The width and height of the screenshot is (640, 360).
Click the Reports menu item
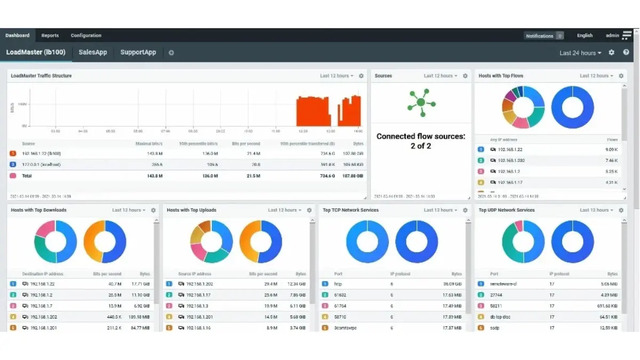(50, 36)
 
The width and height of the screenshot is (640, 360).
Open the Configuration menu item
(86, 36)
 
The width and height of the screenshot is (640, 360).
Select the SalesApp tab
(93, 52)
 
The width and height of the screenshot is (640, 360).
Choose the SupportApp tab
(138, 52)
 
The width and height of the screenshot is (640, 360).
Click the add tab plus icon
(171, 53)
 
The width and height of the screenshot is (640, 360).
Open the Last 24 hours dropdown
(580, 53)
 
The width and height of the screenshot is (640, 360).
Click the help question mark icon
(626, 53)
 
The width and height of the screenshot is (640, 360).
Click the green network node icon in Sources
(421, 102)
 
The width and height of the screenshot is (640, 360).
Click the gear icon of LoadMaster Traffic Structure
(361, 76)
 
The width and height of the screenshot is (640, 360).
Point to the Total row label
(27, 175)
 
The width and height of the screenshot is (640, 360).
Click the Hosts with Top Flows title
(501, 76)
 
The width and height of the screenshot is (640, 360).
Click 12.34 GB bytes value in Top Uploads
(296, 284)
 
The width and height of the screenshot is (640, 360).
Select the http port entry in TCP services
(338, 284)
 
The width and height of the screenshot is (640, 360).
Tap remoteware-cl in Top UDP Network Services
(503, 284)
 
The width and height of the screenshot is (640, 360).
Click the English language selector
(585, 36)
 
